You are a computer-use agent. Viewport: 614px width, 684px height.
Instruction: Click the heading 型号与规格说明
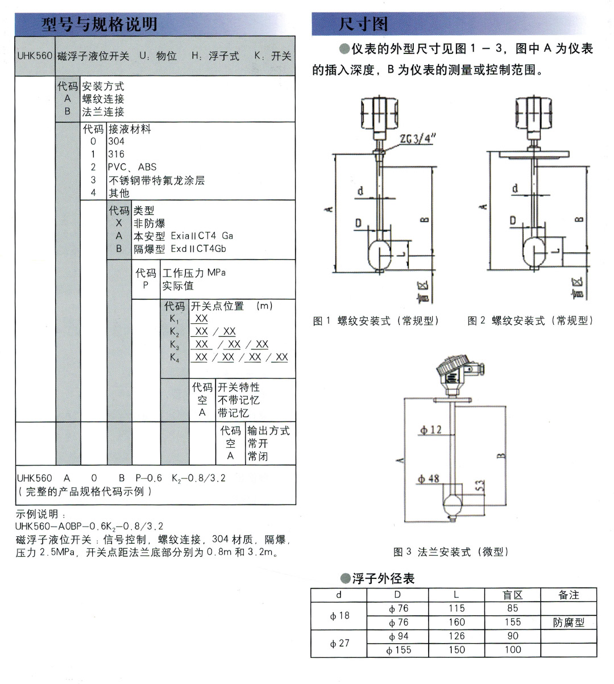click(x=99, y=24)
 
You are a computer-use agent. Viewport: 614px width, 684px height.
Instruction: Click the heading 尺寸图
click(x=363, y=24)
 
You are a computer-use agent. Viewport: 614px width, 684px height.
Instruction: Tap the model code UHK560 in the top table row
click(x=35, y=56)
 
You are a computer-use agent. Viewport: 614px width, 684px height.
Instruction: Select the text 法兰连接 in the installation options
click(x=103, y=112)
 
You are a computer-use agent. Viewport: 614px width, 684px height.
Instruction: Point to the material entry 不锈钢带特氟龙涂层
click(x=156, y=180)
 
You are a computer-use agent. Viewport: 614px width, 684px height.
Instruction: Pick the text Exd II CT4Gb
click(x=198, y=249)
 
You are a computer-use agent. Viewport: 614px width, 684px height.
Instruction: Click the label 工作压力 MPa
click(x=194, y=273)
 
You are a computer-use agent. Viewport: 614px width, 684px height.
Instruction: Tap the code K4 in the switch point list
click(x=175, y=357)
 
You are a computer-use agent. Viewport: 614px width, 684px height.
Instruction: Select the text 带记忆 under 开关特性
click(x=233, y=413)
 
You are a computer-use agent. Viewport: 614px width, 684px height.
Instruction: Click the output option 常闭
click(x=258, y=456)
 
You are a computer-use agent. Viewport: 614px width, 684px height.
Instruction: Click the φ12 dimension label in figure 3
click(x=430, y=430)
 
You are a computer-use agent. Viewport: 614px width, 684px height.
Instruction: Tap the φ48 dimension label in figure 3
click(x=429, y=479)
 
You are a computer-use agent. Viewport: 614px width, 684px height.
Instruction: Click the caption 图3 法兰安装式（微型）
click(x=451, y=552)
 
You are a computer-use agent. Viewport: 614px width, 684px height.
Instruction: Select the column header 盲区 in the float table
click(x=513, y=595)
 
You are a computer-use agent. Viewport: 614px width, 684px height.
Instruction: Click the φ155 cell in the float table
click(x=399, y=650)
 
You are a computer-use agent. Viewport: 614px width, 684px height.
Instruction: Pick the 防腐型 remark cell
click(x=569, y=622)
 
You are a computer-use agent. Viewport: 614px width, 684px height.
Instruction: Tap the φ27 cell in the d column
click(x=339, y=643)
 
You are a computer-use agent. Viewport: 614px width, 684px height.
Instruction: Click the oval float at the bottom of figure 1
click(x=379, y=253)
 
